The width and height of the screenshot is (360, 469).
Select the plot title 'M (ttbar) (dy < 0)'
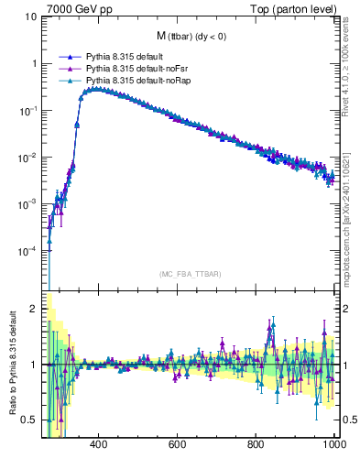(x=192, y=36)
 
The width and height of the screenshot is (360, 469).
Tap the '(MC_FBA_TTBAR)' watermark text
(x=191, y=272)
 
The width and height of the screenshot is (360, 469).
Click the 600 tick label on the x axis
(x=177, y=444)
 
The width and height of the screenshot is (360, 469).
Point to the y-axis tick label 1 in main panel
(x=33, y=64)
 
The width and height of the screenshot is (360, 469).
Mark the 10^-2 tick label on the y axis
(x=27, y=158)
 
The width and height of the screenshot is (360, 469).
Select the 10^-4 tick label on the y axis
(x=27, y=251)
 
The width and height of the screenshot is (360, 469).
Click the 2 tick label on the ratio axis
(x=33, y=309)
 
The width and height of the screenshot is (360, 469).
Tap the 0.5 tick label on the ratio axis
(x=28, y=420)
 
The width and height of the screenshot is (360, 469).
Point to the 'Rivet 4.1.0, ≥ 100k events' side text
(x=351, y=69)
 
